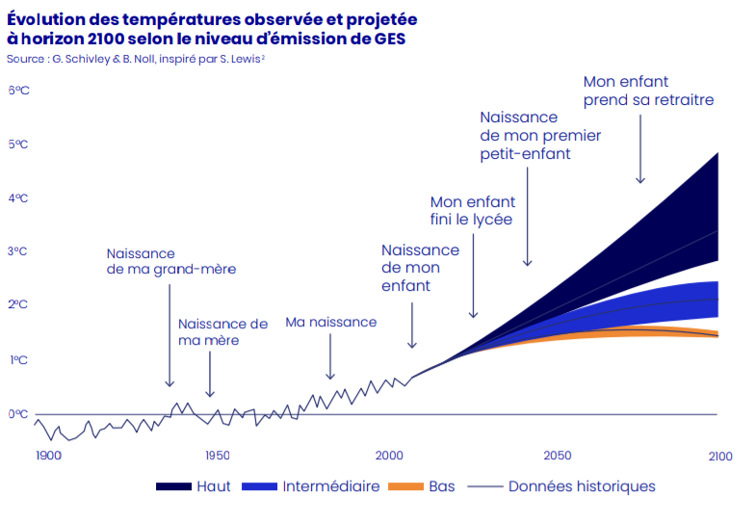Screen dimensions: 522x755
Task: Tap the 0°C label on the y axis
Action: point(17,414)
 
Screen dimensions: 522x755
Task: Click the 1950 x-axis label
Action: point(217,456)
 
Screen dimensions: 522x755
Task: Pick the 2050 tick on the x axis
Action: point(557,456)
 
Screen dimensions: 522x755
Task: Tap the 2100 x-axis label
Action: point(718,456)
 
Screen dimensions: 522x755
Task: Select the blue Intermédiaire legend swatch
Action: point(260,487)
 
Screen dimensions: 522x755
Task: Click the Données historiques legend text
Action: point(582,486)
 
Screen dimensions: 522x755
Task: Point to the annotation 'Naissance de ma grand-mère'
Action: point(170,261)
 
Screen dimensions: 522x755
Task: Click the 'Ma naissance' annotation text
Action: point(330,322)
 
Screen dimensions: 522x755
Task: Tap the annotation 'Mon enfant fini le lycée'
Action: point(472,211)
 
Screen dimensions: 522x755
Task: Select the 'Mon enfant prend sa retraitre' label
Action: point(648,91)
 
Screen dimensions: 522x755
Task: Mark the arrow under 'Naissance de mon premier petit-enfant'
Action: point(527,217)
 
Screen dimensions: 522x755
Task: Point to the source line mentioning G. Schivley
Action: point(135,59)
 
